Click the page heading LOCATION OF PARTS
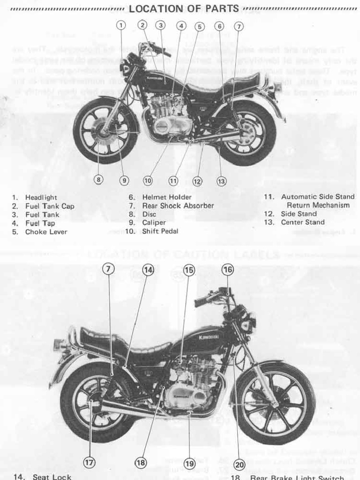tap(184, 9)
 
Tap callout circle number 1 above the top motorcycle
tap(121, 25)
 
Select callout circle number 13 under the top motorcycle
tap(222, 180)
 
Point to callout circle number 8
tap(98, 180)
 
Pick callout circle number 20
tap(239, 464)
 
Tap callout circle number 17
tap(89, 463)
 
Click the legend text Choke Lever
tap(46, 232)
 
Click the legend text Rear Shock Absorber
tap(178, 206)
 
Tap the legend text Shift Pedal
tap(160, 231)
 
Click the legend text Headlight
tap(41, 197)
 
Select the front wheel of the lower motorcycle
tap(274, 403)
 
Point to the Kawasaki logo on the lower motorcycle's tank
tap(209, 337)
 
